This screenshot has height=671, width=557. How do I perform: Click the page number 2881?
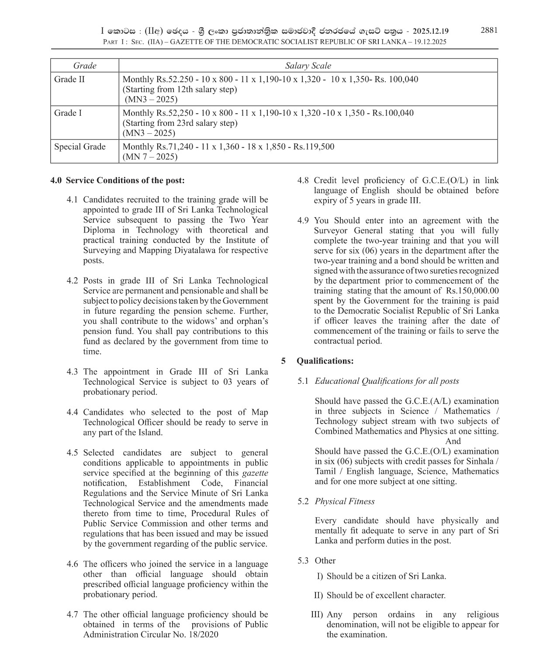489,30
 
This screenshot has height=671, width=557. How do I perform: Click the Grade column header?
84,66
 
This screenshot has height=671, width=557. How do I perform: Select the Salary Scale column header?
308,66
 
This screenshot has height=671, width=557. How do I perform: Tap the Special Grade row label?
80,146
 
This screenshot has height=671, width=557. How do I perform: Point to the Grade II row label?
69,79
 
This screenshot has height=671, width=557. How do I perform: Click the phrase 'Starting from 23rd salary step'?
180,123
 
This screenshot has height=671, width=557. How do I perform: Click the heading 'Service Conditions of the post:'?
125,181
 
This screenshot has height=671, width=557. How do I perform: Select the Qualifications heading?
325,361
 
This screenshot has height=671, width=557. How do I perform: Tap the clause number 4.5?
72,453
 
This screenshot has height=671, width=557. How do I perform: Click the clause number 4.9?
303,220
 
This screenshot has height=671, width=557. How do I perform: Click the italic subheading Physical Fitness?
345,501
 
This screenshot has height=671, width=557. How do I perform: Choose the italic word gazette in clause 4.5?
255,473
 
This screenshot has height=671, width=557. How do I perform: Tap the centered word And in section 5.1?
453,441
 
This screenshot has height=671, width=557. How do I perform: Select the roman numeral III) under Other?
317,615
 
